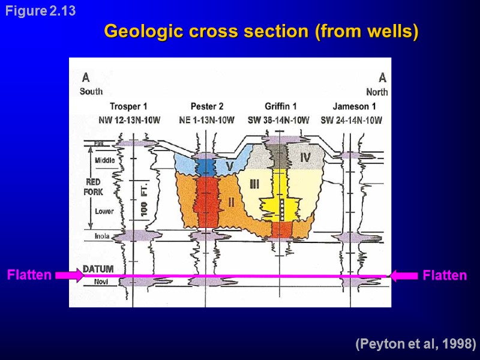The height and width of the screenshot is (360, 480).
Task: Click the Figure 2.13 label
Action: (40, 11)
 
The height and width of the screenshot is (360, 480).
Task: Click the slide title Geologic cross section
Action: (260, 31)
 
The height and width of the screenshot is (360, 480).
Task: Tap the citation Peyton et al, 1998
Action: (415, 344)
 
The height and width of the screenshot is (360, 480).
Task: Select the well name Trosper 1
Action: (128, 107)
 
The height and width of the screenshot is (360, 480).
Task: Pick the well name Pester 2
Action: (207, 107)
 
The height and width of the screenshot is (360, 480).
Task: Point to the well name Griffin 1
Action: (281, 107)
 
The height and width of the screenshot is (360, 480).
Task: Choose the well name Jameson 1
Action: (355, 107)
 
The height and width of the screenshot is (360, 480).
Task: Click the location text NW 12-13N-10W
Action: (129, 120)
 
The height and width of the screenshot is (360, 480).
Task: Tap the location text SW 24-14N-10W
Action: (352, 120)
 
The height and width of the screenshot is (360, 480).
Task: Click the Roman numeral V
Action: (229, 165)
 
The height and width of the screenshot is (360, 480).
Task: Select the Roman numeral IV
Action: (305, 157)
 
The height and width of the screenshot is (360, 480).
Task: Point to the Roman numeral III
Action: (254, 184)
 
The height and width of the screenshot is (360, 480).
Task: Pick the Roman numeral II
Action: (231, 202)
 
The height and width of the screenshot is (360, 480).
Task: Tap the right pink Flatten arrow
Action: (404, 275)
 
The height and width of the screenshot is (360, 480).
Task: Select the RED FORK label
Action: (94, 187)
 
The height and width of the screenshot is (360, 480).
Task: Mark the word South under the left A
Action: (91, 92)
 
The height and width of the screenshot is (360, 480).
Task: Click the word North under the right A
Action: (377, 92)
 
